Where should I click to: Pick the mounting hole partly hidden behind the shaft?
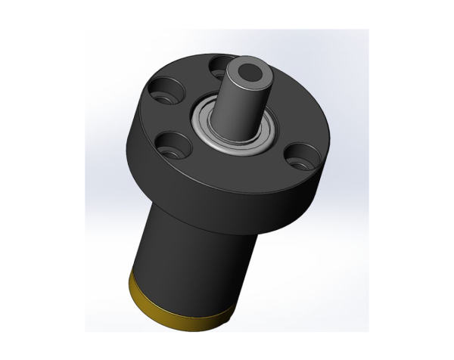pos(220,65)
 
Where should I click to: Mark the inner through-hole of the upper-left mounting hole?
pos(167,96)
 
